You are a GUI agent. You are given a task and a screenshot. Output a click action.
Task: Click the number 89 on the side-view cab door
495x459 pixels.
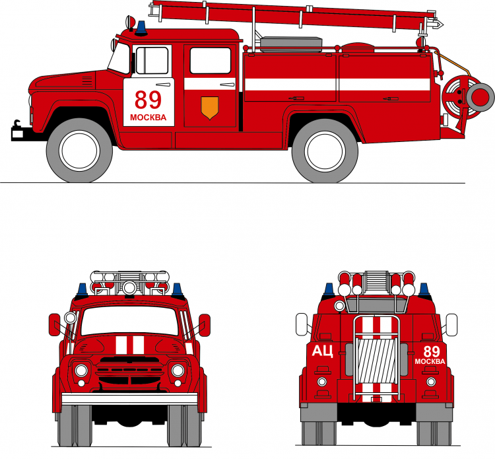148,100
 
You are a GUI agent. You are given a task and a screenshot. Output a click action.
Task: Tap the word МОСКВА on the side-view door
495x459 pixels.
148,118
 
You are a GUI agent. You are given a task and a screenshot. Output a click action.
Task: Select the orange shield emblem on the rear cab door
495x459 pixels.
210,108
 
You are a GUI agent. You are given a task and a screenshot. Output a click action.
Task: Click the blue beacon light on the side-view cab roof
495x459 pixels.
141,28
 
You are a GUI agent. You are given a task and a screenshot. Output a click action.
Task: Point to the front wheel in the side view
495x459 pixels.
79,151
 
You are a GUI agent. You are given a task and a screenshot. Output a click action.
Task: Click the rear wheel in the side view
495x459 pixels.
325,151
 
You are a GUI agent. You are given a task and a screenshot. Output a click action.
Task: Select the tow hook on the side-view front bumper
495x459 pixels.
17,124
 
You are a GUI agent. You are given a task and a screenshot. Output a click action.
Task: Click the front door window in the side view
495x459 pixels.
152,60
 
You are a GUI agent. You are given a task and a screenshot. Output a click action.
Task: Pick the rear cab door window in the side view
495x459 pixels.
211,61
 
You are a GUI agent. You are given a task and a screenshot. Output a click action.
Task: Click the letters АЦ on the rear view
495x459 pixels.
322,351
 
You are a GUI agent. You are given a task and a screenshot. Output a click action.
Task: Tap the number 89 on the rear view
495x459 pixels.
432,351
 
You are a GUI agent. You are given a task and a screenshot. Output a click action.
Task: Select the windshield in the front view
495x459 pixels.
130,320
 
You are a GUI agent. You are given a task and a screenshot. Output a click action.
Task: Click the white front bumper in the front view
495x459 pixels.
129,399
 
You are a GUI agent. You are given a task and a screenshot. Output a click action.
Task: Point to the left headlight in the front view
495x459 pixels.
81,371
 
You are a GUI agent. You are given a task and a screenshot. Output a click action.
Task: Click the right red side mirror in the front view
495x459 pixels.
205,325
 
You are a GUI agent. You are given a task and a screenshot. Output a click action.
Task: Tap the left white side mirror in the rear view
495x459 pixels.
302,324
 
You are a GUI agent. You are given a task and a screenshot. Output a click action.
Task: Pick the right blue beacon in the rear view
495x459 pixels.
424,291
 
